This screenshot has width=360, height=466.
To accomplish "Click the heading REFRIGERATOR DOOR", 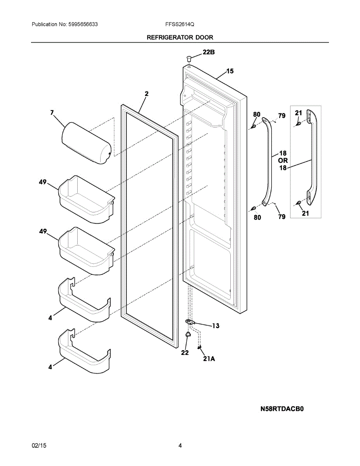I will pyautogui.click(x=180, y=37).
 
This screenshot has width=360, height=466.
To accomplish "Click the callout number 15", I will pyautogui.click(x=230, y=71).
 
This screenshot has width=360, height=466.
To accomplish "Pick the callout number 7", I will pyautogui.click(x=52, y=113).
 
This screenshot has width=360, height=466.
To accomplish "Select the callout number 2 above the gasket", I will pyautogui.click(x=146, y=94).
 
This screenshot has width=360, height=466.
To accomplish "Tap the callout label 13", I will pyautogui.click(x=216, y=326).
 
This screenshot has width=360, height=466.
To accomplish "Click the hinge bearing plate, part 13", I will pyautogui.click(x=190, y=322).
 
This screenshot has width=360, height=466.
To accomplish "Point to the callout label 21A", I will pyautogui.click(x=209, y=359).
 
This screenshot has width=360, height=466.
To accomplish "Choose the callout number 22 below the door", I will pyautogui.click(x=185, y=353).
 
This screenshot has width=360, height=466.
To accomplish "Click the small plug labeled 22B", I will pyautogui.click(x=189, y=59).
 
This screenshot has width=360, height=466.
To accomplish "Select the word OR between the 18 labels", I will pyautogui.click(x=283, y=160).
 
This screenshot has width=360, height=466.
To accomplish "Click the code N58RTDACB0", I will pyautogui.click(x=282, y=409).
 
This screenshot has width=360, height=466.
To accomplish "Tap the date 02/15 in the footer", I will pyautogui.click(x=39, y=446).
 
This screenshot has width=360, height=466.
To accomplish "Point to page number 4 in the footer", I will pyautogui.click(x=180, y=446).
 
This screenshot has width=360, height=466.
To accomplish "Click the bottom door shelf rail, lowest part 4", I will pyautogui.click(x=83, y=353).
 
